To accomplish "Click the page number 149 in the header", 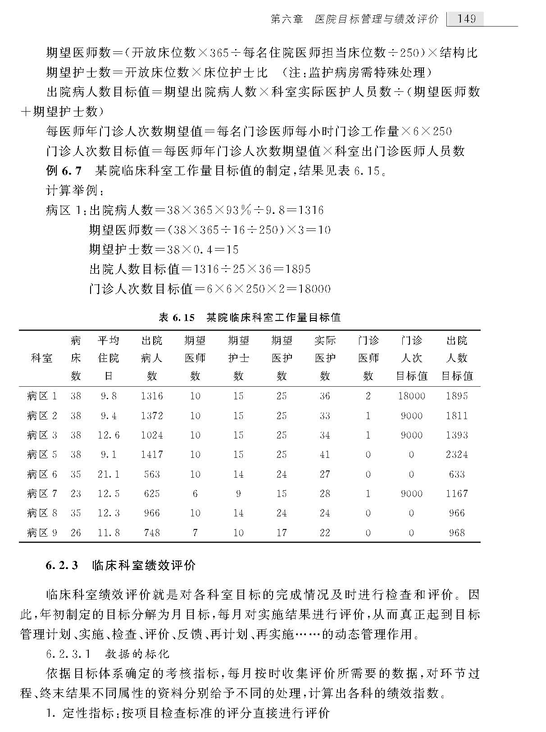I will (466, 19).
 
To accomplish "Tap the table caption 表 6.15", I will (177, 318).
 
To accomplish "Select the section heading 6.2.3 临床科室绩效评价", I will (121, 565).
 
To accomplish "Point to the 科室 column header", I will (41, 358).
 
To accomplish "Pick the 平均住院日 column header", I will (109, 358).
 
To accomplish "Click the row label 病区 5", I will (42, 455).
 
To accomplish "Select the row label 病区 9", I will (42, 533).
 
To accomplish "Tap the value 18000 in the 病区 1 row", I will (411, 396).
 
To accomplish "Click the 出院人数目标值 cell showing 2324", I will (457, 455).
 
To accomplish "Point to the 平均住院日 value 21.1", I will (109, 474).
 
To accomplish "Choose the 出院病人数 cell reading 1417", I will (152, 455).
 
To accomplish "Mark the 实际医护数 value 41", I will (325, 455).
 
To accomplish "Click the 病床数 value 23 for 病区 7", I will (76, 494).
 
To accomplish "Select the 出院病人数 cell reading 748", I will (152, 533).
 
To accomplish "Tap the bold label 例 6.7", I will (64, 171).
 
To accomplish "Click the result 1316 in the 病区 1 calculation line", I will (311, 210).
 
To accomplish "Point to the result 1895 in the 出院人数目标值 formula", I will (298, 269).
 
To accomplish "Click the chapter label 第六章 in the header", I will (287, 19).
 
